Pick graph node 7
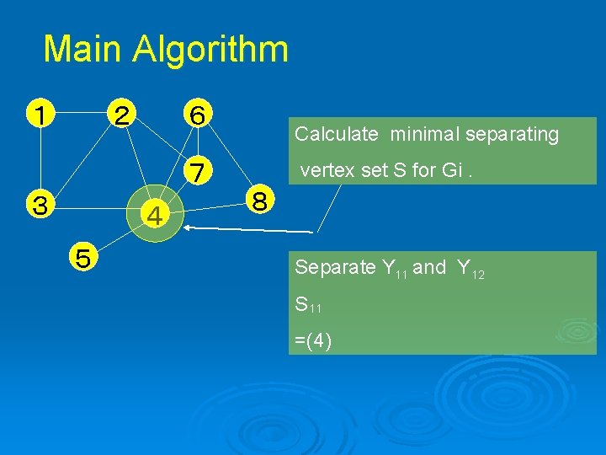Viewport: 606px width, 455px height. coord(197,171)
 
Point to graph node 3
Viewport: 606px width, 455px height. coord(40,204)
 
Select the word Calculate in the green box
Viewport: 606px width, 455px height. coord(336,134)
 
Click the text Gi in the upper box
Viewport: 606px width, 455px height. coord(451,170)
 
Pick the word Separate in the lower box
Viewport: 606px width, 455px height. coord(335,268)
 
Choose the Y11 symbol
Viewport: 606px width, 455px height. coord(394,269)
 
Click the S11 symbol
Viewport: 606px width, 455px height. coord(308,305)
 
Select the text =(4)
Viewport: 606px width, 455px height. coord(313,340)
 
